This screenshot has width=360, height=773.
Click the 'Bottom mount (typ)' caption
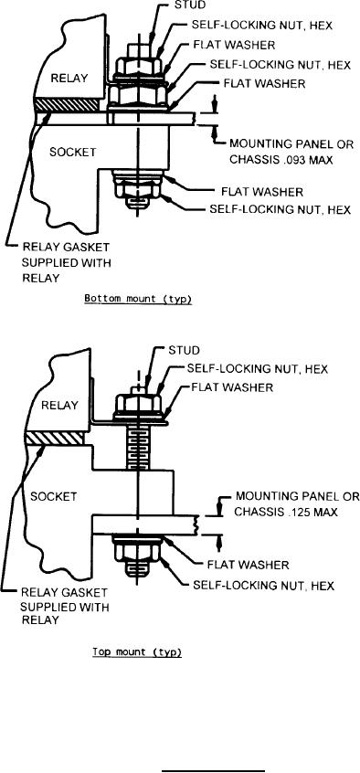[x=138, y=300]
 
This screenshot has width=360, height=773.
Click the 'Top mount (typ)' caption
[x=138, y=652]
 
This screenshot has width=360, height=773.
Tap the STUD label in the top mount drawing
[x=184, y=351]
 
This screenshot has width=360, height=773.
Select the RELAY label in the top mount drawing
[x=59, y=406]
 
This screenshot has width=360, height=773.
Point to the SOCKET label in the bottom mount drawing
[x=72, y=152]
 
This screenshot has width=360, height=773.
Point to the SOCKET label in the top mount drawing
[x=53, y=497]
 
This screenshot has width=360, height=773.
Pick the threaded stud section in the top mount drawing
[x=137, y=448]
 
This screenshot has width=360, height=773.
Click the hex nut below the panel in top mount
[x=138, y=553]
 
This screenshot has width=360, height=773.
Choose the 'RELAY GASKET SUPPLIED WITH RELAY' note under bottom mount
[x=66, y=262]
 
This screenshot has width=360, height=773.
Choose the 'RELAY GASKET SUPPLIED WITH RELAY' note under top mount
[x=64, y=606]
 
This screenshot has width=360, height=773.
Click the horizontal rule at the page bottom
[x=213, y=769]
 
